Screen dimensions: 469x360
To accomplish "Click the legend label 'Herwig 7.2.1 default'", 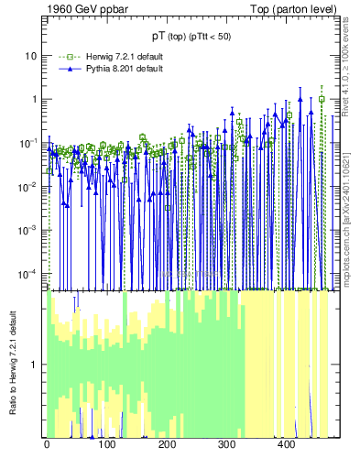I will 124,57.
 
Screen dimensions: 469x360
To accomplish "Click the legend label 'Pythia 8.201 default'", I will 124,69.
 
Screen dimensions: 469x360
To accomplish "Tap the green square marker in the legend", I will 61,57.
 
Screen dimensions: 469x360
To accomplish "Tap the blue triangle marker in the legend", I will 61,69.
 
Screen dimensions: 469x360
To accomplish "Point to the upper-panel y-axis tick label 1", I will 34,99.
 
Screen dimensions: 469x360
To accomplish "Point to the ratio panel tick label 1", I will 34,365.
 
